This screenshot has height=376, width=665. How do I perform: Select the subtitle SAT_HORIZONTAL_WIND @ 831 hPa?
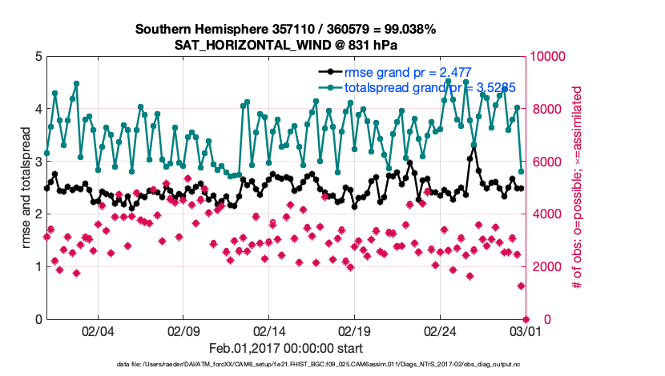point(285,45)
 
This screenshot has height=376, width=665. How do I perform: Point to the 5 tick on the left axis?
point(38,57)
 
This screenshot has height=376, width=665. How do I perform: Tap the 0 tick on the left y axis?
point(38,319)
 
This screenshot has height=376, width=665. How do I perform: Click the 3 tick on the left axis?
point(38,162)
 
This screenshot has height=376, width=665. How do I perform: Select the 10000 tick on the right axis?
point(550,57)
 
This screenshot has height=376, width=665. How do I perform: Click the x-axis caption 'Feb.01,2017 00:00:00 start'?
point(286,348)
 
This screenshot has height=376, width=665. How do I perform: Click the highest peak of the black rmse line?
point(474,146)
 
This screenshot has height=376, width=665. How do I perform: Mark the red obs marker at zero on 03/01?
point(526,319)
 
